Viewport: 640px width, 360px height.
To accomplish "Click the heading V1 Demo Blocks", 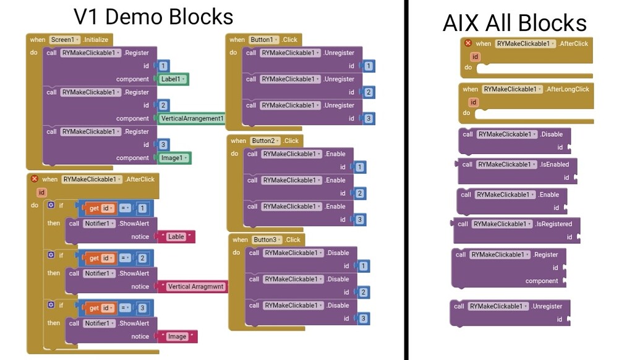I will point(153,16).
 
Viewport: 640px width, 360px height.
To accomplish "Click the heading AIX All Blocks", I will point(514,23).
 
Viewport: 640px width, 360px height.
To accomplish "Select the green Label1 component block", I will point(173,79).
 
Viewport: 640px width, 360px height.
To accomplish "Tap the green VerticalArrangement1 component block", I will point(192,118).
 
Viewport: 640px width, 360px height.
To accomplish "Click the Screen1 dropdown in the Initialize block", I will point(65,40).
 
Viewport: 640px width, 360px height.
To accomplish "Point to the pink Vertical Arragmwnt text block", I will point(197,286).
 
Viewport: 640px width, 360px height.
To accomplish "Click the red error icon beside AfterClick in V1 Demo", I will point(35,179).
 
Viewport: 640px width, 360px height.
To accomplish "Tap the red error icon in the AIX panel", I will point(468,43).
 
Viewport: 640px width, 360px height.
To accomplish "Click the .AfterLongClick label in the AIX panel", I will point(566,89).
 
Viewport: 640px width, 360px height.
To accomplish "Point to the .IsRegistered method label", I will point(554,224).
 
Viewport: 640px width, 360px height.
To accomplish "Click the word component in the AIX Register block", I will point(542,281).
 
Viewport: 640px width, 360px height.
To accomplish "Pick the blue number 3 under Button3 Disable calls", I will point(364,319).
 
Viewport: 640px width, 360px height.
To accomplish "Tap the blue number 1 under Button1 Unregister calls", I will point(369,66).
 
